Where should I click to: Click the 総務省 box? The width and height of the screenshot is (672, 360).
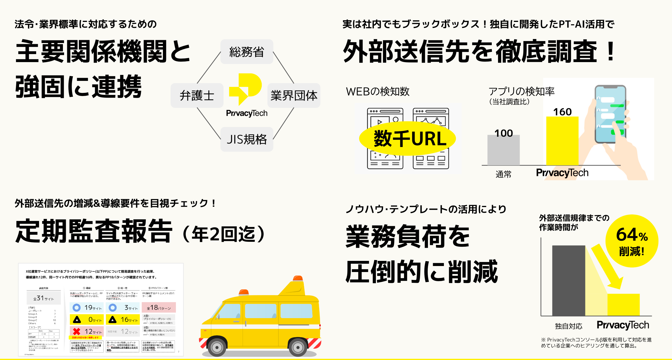247,52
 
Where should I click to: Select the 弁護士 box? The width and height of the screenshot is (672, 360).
197,95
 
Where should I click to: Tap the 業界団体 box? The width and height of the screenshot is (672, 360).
294,95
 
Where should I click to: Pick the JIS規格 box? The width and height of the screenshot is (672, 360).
247,139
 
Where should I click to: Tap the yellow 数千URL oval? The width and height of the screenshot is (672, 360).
407,139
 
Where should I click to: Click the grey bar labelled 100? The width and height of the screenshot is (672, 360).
503,150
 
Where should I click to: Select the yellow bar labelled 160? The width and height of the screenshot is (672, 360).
562,141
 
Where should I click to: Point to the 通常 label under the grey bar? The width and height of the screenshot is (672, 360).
503,174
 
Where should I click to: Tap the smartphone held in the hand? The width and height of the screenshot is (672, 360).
610,114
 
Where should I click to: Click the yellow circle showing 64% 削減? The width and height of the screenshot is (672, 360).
632,241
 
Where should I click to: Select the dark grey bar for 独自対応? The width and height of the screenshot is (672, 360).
568,281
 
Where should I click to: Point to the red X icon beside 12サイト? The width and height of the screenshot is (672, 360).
76,331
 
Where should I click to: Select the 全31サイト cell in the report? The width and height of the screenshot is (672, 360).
44,298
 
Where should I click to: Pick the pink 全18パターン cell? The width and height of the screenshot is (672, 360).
159,308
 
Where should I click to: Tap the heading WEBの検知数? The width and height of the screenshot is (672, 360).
378,92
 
